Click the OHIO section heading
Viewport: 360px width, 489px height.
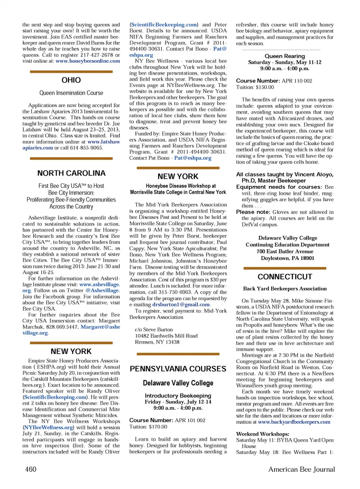pos(71,80)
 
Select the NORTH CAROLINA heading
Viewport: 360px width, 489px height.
pos(71,173)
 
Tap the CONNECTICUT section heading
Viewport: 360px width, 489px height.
pos(285,277)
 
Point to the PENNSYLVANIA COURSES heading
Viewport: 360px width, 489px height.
pos(178,369)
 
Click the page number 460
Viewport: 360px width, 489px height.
pos(31,469)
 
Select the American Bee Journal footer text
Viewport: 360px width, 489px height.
pos(301,469)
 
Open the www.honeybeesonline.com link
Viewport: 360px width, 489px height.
pos(88,61)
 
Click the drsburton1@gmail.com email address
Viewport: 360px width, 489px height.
pos(181,305)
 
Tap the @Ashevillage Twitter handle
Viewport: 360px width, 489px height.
pos(102,290)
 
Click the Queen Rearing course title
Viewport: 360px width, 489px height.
pos(285,56)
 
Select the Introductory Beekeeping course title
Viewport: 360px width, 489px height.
pos(178,396)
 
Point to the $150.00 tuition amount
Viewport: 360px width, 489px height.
pos(264,87)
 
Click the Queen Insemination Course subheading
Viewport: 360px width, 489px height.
pos(71,93)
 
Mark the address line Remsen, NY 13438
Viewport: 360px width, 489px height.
pos(157,342)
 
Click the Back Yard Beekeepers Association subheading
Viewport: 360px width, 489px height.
pos(285,289)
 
